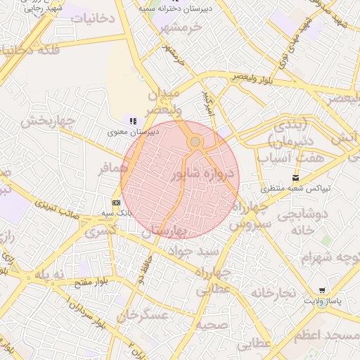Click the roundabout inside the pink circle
click(195, 142)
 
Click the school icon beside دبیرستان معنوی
click(133, 122)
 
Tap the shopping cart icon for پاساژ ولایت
click(322, 290)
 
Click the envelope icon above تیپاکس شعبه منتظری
click(295, 178)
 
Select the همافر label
click(114, 169)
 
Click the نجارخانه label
click(271, 292)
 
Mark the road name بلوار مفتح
click(92, 282)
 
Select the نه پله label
click(49, 274)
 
